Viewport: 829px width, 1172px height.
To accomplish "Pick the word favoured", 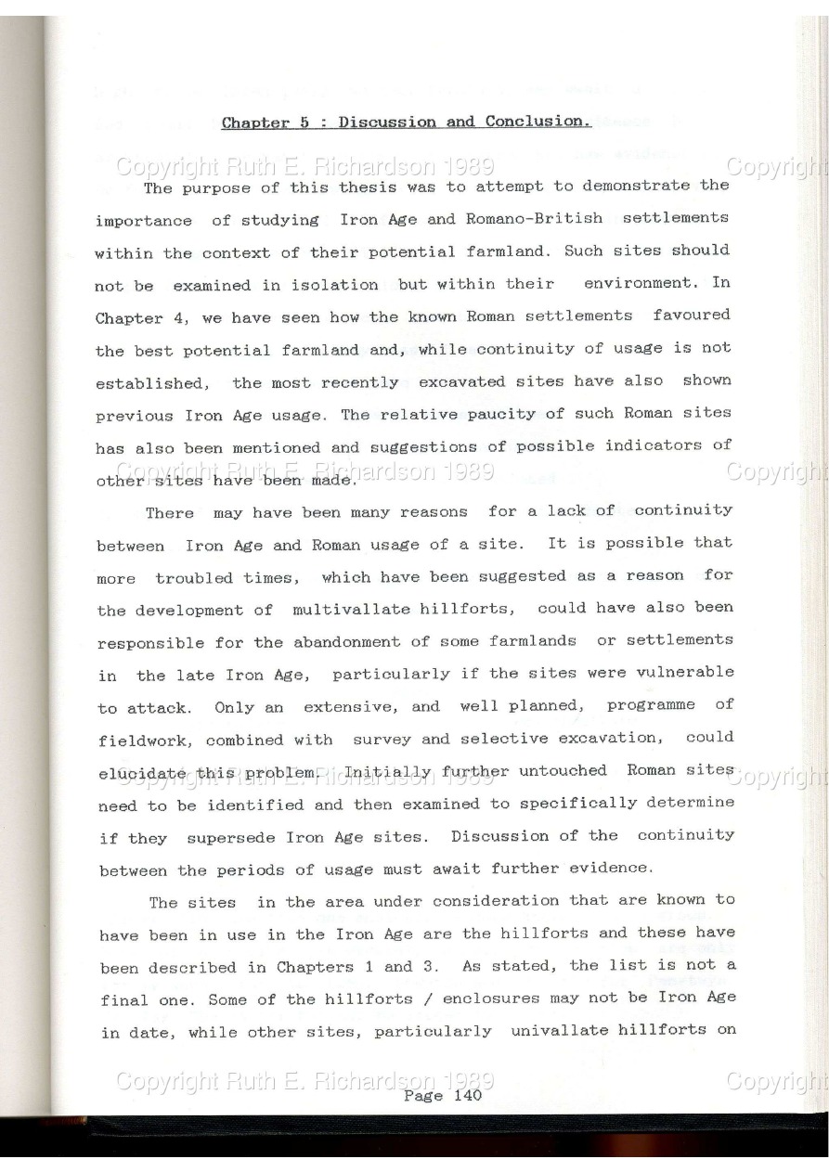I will [x=692, y=316].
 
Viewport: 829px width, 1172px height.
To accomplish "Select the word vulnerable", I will [x=685, y=673].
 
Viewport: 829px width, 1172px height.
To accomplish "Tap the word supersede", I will [x=231, y=837].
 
